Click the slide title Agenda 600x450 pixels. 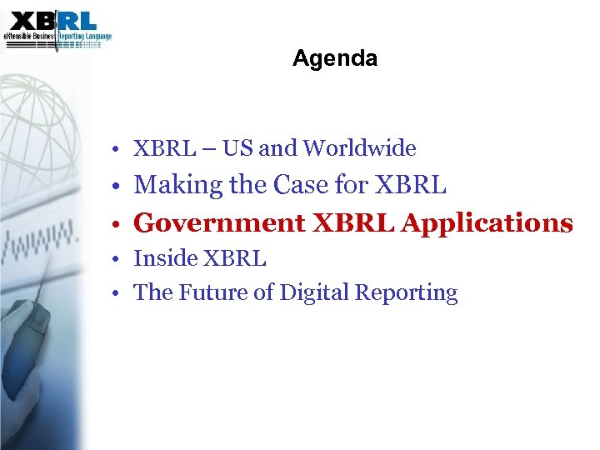point(335,59)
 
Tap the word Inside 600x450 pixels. point(162,259)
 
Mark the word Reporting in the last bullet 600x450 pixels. point(407,292)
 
